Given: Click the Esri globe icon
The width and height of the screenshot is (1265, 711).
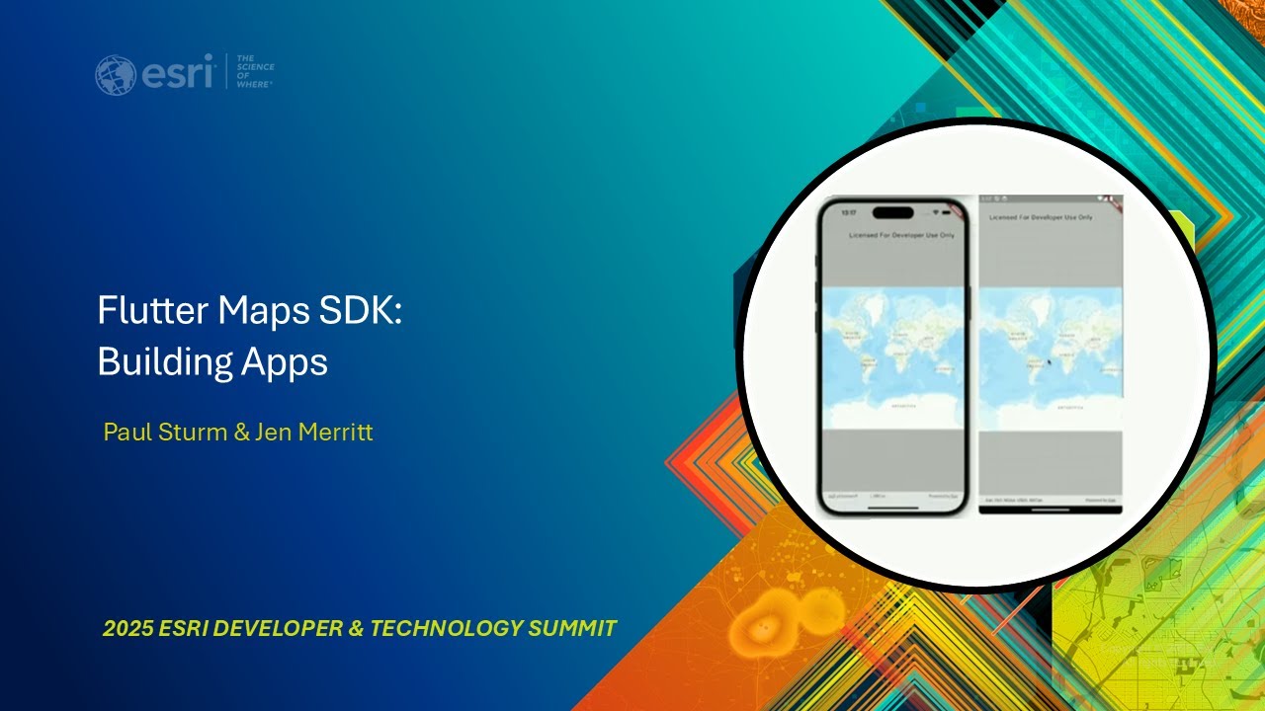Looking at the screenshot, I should point(116,75).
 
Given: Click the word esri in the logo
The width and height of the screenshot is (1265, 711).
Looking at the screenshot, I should point(179,73).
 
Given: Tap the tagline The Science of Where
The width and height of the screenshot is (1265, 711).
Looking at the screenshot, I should point(255,71).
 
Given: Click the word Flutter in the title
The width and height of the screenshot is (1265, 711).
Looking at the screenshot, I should point(152,311).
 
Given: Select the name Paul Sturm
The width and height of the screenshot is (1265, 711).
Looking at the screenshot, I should point(165,433).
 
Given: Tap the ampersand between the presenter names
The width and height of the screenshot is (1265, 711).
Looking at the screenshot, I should point(241,433).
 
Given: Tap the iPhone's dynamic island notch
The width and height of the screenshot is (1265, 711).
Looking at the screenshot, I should point(892,212).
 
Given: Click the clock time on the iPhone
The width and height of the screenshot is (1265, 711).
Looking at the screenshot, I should point(849,212).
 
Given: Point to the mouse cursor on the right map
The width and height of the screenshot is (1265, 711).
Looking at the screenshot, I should point(1049,362).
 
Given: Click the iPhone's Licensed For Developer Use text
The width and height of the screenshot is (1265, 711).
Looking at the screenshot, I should point(901,235).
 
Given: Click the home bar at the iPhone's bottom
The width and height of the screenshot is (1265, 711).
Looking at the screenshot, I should point(892,509).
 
